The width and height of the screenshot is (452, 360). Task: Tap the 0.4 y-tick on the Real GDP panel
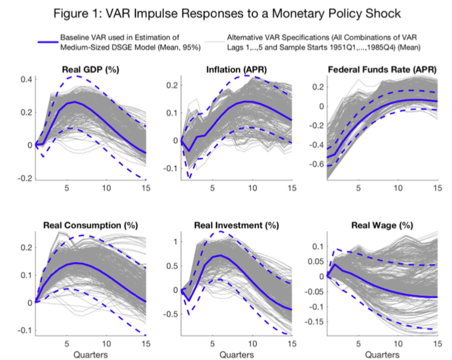point(26,79)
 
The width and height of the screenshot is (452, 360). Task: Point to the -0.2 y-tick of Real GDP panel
point(25,178)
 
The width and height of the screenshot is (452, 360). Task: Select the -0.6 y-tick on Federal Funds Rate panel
point(318,164)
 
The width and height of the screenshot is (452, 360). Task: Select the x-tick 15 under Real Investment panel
point(290,344)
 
